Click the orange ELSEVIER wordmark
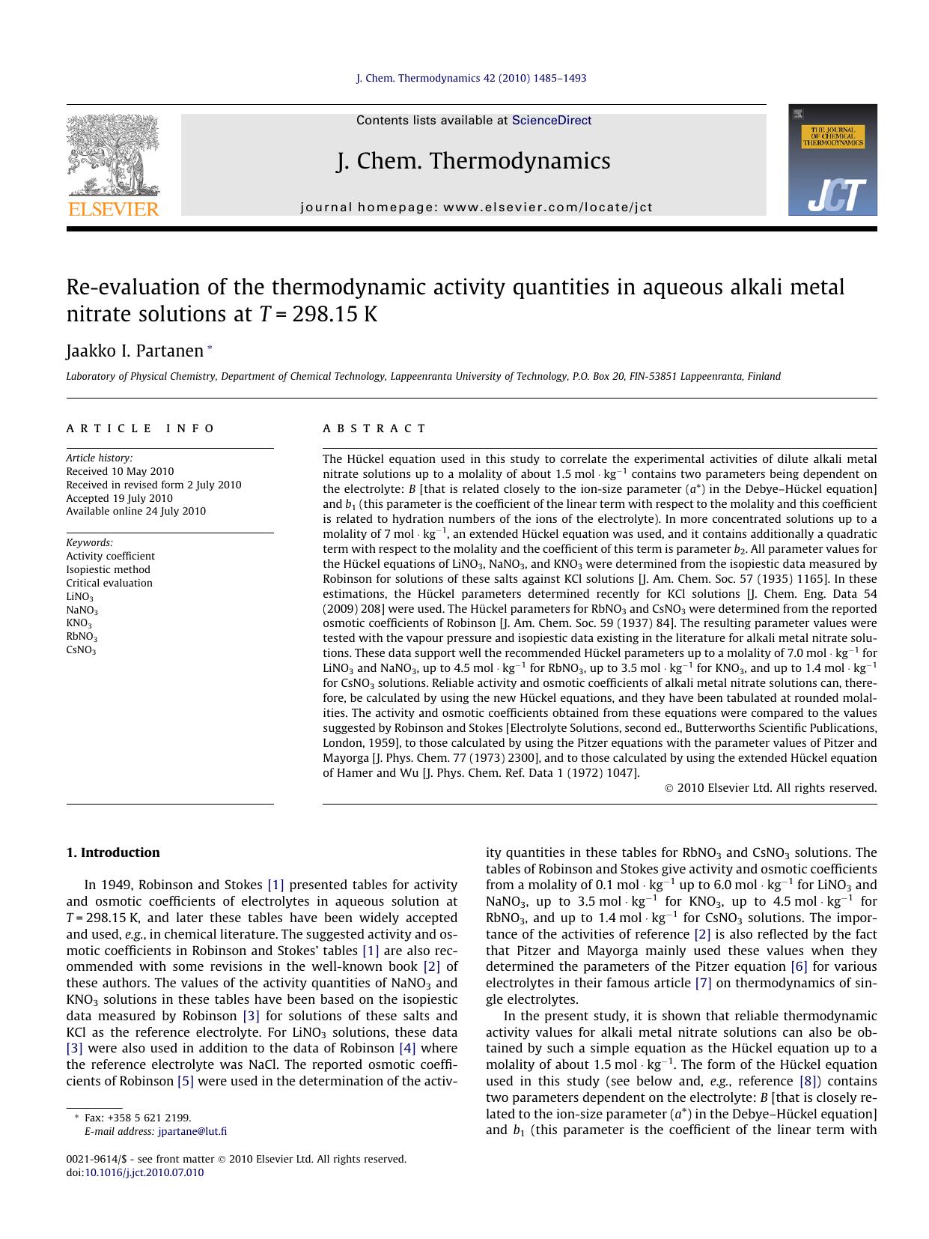(x=113, y=209)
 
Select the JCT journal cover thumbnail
(x=832, y=160)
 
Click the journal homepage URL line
(x=476, y=207)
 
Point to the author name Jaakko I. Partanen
(x=135, y=351)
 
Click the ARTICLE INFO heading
(x=140, y=428)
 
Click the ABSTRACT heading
(x=374, y=428)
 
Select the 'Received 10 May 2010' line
(x=120, y=471)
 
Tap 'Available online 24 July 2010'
(x=136, y=512)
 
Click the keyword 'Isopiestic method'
(x=108, y=569)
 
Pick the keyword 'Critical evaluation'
(x=109, y=583)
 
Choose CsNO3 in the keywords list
(x=81, y=650)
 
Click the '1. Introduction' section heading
(x=113, y=852)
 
